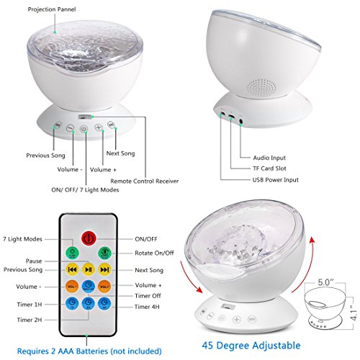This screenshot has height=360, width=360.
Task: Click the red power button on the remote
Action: click(89, 238)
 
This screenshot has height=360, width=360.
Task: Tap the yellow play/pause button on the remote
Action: click(89, 269)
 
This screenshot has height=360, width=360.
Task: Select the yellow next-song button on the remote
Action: click(104, 269)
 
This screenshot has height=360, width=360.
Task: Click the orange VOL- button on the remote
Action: click(72, 287)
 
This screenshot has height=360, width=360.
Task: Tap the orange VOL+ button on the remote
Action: click(104, 287)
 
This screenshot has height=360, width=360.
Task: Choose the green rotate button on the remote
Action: click(104, 253)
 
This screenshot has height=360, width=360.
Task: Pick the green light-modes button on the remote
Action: click(72, 253)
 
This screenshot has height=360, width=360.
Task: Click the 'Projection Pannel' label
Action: click(52, 9)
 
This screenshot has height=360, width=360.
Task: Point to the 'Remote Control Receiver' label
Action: click(145, 181)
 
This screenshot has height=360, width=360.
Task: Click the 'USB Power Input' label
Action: click(276, 180)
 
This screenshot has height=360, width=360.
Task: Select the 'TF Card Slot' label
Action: click(269, 168)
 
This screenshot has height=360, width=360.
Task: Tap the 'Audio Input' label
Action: click(269, 158)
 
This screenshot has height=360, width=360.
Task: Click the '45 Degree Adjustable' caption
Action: click(251, 346)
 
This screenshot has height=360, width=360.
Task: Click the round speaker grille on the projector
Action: click(262, 88)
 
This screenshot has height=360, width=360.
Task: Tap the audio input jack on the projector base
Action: click(241, 122)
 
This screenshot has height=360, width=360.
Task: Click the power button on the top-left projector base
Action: click(84, 129)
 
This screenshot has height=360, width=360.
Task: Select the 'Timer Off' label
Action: click(148, 296)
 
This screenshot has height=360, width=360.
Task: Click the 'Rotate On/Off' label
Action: click(154, 253)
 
